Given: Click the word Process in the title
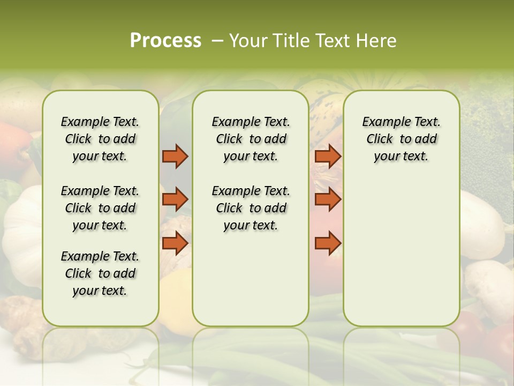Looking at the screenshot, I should point(165,41).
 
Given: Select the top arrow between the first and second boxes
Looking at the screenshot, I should point(175,157).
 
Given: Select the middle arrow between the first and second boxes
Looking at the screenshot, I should point(175,199).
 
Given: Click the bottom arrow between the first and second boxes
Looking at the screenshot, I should point(175,243).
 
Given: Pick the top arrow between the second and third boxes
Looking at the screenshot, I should point(328,157).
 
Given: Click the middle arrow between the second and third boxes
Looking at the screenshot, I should point(328,199).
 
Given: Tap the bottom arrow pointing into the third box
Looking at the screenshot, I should point(328,243).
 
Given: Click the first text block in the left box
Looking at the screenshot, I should point(100,139).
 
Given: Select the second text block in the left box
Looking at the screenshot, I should point(100,208).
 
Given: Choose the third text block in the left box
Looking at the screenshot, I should point(100,273).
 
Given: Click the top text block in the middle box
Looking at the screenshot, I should point(251,139).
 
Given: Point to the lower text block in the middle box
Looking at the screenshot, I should point(251,208).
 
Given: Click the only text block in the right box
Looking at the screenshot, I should point(401,139).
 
